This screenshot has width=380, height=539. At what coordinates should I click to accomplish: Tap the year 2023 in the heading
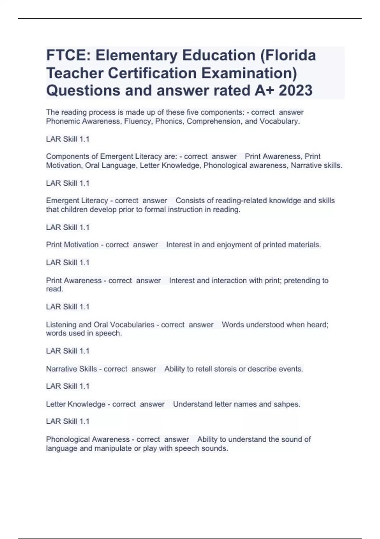pyautogui.click(x=295, y=90)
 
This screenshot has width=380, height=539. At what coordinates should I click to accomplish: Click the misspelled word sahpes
pyautogui.click(x=286, y=404)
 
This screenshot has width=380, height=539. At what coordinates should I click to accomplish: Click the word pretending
pyautogui.click(x=302, y=281)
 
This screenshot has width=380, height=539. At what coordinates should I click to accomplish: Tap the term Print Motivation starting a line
pyautogui.click(x=72, y=245)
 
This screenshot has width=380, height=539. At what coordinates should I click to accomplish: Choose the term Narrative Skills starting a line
pyautogui.click(x=71, y=369)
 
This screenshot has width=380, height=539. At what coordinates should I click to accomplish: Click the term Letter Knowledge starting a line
pyautogui.click(x=76, y=404)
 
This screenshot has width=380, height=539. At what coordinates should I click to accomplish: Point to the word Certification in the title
pyautogui.click(x=153, y=73)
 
